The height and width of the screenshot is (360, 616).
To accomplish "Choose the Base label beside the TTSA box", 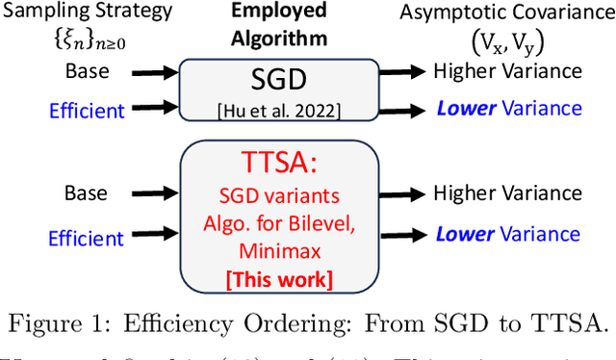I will pyautogui.click(x=88, y=193).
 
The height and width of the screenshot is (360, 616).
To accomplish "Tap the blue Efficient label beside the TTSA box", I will pyautogui.click(x=88, y=237).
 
